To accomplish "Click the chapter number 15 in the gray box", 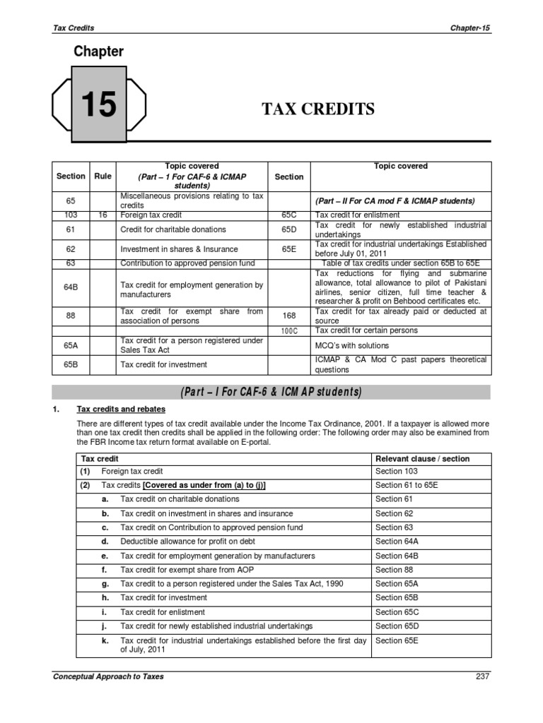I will coord(98,105).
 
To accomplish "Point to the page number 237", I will coord(482,676).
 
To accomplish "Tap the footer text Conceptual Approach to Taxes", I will coord(108,676).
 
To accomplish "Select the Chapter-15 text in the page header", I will coord(469,28).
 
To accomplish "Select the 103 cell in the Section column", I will coord(71,215).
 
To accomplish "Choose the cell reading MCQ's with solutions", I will coord(352,345).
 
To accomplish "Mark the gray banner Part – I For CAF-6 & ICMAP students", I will coord(271,392).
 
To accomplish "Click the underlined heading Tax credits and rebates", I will coord(121,410).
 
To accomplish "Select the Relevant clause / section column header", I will coord(423,458).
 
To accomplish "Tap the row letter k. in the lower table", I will coord(105,640).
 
